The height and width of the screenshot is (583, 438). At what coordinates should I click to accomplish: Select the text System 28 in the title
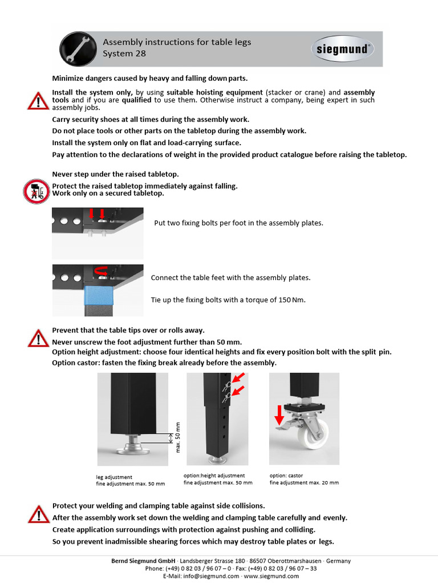[x=124, y=54]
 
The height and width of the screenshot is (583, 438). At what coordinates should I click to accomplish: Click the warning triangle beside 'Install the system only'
[x=38, y=101]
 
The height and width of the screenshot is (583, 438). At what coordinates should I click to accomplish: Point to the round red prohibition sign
[x=36, y=191]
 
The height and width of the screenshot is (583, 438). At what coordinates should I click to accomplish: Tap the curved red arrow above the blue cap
[x=102, y=272]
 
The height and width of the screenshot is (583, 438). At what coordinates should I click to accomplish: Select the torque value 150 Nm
[x=291, y=300]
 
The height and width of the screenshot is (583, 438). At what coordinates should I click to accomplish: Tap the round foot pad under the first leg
[x=132, y=451]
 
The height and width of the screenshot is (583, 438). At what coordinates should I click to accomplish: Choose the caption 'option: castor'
[x=286, y=475]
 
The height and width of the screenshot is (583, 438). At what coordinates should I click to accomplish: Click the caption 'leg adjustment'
[x=114, y=477]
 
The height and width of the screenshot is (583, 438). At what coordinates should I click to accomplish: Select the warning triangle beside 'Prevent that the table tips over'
[x=38, y=338]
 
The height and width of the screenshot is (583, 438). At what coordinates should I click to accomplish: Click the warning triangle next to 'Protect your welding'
[x=38, y=514]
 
